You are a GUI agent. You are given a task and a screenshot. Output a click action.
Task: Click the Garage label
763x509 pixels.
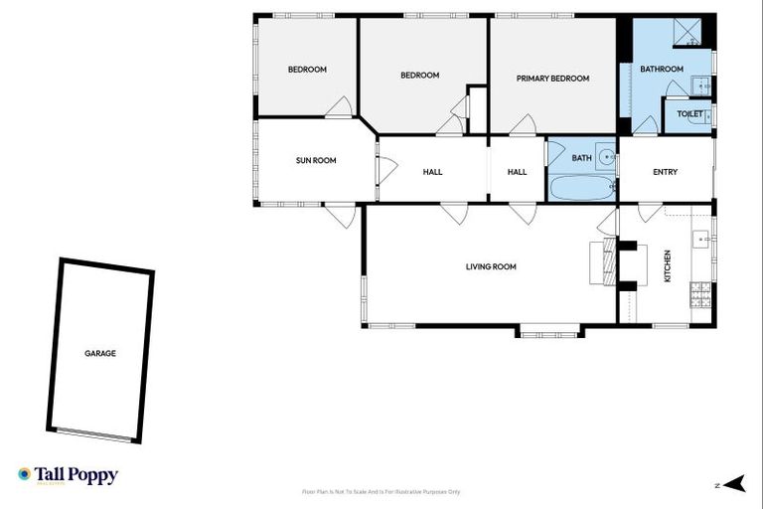(100, 353)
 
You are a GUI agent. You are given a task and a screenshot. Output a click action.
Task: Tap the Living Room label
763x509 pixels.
(491, 266)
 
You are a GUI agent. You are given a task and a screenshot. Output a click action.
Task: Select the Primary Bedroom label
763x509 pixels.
(552, 79)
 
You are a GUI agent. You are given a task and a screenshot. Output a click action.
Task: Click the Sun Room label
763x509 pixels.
(316, 160)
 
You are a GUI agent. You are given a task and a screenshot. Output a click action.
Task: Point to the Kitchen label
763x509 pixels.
(668, 266)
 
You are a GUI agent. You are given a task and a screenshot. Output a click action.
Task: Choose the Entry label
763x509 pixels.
(665, 172)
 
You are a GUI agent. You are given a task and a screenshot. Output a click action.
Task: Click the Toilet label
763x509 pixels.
(689, 114)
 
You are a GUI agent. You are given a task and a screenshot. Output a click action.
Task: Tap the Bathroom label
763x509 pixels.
(661, 69)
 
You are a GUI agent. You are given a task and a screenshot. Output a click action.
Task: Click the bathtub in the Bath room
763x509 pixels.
(581, 188)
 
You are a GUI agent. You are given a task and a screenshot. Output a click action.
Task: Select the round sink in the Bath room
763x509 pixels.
(605, 157)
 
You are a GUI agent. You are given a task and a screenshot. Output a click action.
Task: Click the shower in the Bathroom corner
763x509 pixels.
(692, 32)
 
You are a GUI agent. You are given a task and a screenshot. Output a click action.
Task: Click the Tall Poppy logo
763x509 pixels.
(68, 475)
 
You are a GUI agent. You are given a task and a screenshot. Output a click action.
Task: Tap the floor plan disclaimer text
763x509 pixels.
(381, 492)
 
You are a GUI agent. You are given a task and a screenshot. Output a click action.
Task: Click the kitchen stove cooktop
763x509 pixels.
(701, 293)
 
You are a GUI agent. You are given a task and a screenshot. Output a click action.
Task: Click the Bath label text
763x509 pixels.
(581, 157)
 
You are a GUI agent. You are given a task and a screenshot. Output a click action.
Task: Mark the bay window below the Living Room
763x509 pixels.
(548, 331)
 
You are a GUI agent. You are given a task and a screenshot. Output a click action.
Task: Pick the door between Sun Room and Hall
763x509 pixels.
(378, 170)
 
